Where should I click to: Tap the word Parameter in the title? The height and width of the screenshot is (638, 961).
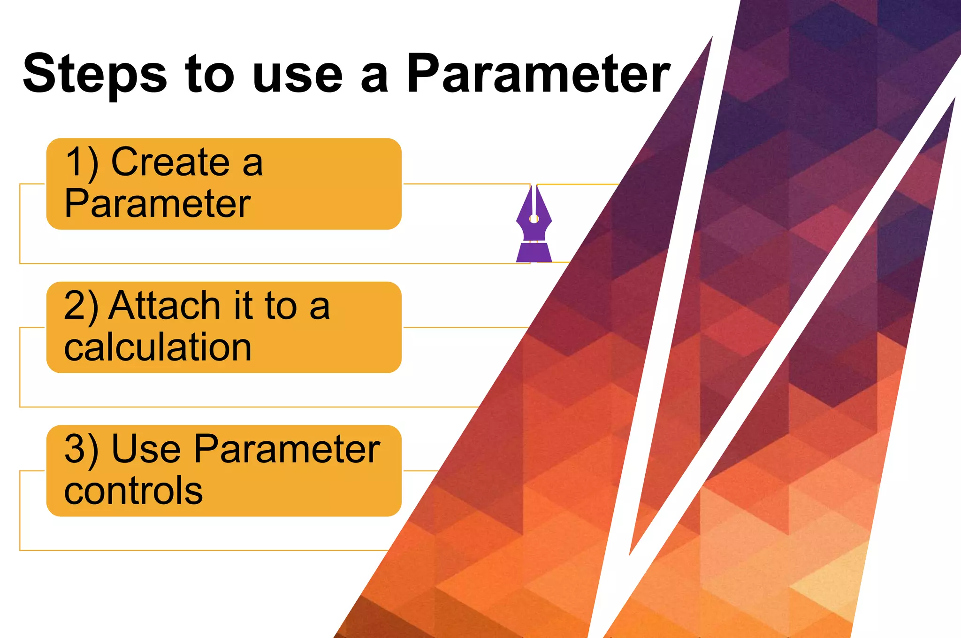pyautogui.click(x=538, y=74)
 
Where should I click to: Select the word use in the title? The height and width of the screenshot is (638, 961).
pyautogui.click(x=297, y=75)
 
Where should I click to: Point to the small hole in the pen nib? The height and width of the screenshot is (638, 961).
pyautogui.click(x=534, y=218)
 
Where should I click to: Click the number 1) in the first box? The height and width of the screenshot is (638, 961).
pyautogui.click(x=82, y=162)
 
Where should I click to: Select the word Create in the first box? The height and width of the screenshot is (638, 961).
pyautogui.click(x=170, y=162)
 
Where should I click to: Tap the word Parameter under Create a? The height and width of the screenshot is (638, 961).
pyautogui.click(x=158, y=204)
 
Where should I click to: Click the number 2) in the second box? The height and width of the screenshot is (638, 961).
pyautogui.click(x=81, y=306)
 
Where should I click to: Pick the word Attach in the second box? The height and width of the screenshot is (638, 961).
pyautogui.click(x=165, y=306)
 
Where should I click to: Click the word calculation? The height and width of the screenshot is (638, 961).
pyautogui.click(x=158, y=347)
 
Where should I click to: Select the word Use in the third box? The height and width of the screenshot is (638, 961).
pyautogui.click(x=146, y=450)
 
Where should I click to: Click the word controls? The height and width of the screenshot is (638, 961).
pyautogui.click(x=133, y=491)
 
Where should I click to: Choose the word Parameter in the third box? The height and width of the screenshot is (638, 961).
pyautogui.click(x=287, y=450)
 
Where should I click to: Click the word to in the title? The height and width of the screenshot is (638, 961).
pyautogui.click(x=210, y=75)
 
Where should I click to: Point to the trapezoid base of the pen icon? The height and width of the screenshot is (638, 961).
pyautogui.click(x=534, y=252)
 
